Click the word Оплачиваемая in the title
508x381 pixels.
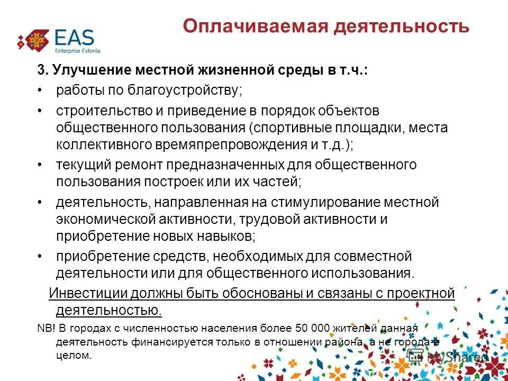point(249,26)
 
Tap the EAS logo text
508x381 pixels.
point(74,38)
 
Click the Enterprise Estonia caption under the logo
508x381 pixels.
point(77,51)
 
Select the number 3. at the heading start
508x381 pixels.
point(41,71)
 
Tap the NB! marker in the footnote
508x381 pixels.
point(46,329)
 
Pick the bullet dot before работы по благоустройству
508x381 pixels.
point(40,90)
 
